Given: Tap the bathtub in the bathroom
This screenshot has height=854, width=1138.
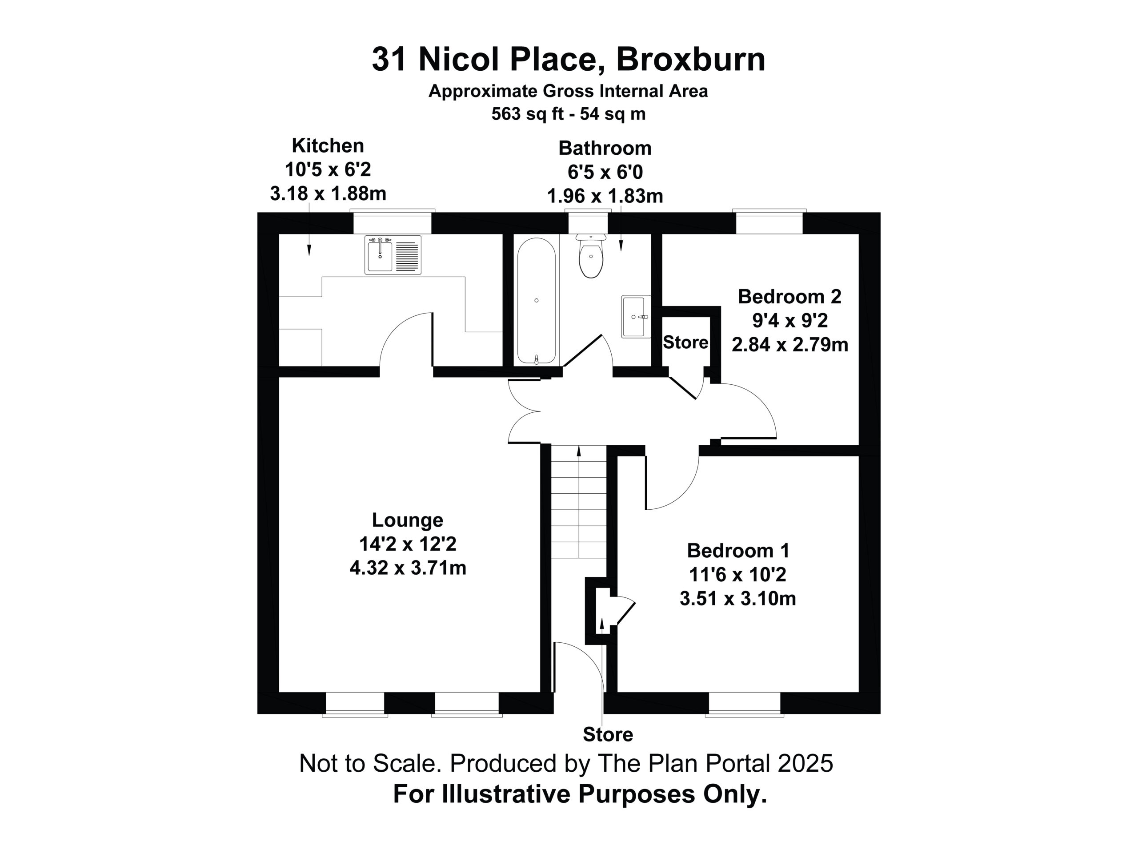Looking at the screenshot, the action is pyautogui.click(x=536, y=301).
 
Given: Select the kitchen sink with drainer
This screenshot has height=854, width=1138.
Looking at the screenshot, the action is pyautogui.click(x=393, y=255).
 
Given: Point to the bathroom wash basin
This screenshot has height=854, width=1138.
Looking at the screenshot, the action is pyautogui.click(x=637, y=317).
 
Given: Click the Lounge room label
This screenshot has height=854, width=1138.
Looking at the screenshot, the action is pyautogui.click(x=408, y=520).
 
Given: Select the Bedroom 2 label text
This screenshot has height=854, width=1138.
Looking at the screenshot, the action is pyautogui.click(x=789, y=297).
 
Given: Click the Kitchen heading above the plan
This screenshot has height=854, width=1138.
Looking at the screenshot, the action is pyautogui.click(x=328, y=146).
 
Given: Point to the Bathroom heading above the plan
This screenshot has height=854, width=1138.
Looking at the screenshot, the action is pyautogui.click(x=605, y=148).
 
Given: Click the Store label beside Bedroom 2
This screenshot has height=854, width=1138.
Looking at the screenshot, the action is pyautogui.click(x=685, y=342).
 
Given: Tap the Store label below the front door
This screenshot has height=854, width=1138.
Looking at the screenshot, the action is pyautogui.click(x=608, y=735).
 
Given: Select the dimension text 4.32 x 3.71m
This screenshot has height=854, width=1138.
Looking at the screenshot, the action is pyautogui.click(x=408, y=568).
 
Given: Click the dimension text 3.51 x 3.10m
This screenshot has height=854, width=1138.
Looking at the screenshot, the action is pyautogui.click(x=738, y=599).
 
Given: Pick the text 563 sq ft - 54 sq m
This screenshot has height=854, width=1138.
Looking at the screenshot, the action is pyautogui.click(x=569, y=114).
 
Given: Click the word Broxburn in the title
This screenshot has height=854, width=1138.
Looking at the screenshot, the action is pyautogui.click(x=691, y=59).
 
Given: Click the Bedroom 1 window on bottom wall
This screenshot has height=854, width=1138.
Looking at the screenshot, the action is pyautogui.click(x=745, y=704).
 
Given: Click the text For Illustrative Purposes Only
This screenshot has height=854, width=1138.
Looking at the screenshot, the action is pyautogui.click(x=580, y=794).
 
